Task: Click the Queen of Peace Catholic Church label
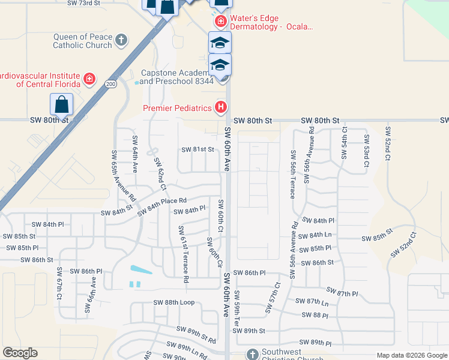(82, 41)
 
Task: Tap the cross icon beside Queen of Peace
(121, 40)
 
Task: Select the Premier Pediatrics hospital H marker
(221, 108)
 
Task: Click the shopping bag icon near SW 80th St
(62, 105)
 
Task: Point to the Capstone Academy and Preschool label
(177, 77)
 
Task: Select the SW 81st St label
(198, 150)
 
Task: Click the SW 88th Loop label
(174, 302)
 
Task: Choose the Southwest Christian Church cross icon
(252, 354)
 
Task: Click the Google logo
(20, 353)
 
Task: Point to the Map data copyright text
(411, 355)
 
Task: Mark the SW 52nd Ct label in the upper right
(388, 144)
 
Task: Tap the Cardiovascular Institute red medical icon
(89, 79)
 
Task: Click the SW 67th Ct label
(59, 289)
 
